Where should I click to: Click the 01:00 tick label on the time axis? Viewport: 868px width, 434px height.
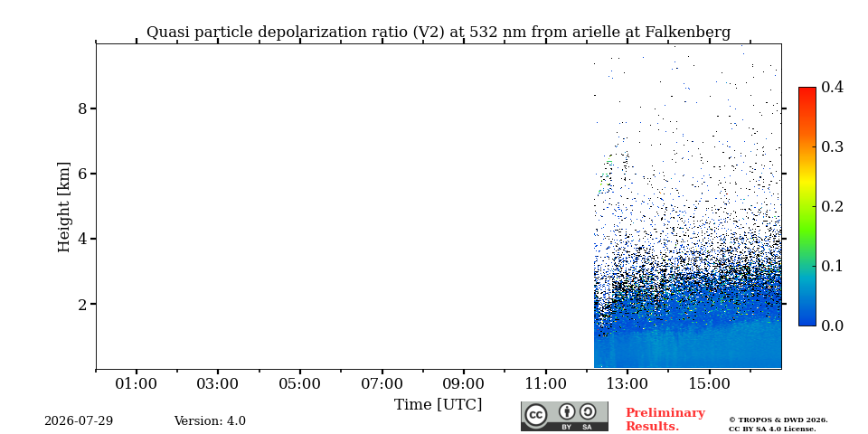(x=137, y=383)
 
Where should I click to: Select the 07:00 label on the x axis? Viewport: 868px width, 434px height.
(x=382, y=383)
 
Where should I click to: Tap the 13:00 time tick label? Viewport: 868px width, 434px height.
(x=627, y=383)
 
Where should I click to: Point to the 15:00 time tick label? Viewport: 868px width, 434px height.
(x=710, y=383)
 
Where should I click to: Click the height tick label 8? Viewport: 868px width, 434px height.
(x=83, y=108)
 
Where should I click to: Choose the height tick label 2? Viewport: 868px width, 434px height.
(x=83, y=304)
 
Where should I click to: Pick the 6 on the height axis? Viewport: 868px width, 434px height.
(x=83, y=174)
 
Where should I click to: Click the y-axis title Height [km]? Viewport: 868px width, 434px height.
(x=64, y=207)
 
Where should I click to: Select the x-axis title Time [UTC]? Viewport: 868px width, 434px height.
(x=438, y=405)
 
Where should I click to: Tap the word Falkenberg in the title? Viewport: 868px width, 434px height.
(x=688, y=33)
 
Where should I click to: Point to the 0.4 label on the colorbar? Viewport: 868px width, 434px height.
(x=832, y=87)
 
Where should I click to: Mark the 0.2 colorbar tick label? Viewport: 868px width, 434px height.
(x=832, y=206)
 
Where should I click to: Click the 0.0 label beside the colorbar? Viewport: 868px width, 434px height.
(x=832, y=325)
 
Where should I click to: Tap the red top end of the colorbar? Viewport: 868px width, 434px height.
(x=807, y=89)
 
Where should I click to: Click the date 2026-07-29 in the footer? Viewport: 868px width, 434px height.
(x=79, y=421)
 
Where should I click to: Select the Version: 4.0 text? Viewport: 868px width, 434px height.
(x=210, y=421)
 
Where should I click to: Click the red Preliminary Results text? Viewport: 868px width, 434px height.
(x=665, y=420)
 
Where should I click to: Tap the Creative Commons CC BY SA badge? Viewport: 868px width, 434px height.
(x=564, y=416)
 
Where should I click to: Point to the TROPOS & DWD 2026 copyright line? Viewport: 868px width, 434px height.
(x=778, y=420)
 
